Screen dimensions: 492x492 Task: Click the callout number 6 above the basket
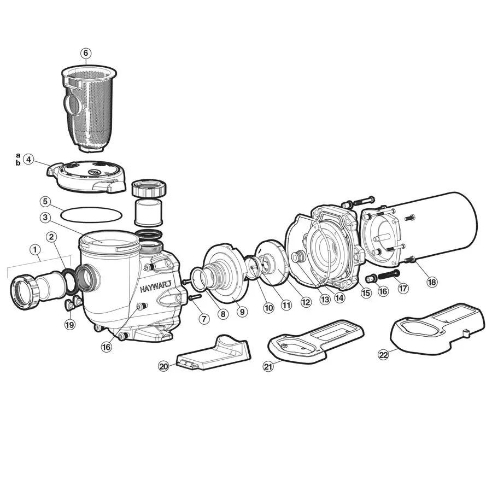coord(86,53)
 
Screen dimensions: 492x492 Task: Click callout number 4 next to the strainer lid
coord(28,160)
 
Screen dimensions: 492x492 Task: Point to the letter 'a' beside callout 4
coord(18,155)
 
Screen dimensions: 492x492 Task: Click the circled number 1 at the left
coord(36,250)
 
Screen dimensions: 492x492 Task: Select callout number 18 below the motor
coord(432,282)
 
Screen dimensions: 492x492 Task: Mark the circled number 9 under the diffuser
coord(242,312)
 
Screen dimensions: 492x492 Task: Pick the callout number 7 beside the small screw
coord(204,318)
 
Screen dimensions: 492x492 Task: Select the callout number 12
coord(305,301)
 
